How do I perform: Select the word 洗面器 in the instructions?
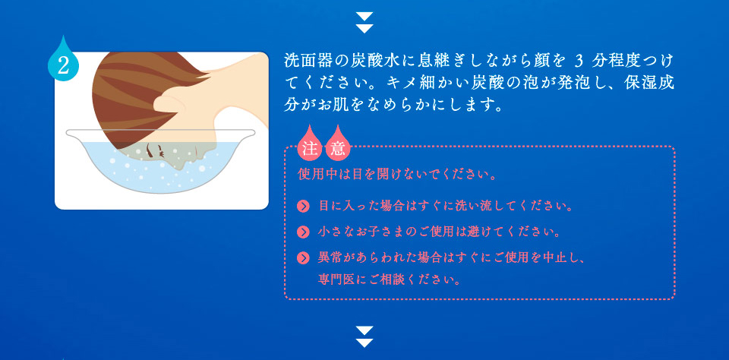click(x=308, y=61)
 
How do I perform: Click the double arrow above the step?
click(x=364, y=22)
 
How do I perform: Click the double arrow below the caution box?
click(x=364, y=336)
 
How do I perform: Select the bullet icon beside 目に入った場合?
click(x=303, y=206)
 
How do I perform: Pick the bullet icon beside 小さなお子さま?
click(x=303, y=232)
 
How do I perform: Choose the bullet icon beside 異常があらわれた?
click(x=303, y=257)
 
